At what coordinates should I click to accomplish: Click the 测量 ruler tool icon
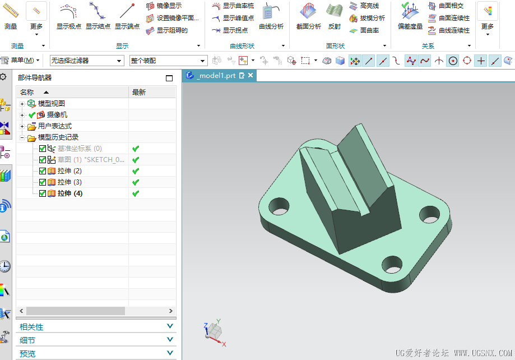point(11,11)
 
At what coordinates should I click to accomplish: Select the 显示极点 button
point(68,16)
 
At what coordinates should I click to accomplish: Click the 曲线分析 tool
point(271,16)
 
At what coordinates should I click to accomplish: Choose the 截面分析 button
point(308,16)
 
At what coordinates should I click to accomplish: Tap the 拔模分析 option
point(367,18)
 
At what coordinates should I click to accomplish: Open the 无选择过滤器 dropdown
point(87,61)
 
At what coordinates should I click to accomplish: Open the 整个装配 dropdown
point(168,61)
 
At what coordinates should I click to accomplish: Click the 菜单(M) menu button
point(20,60)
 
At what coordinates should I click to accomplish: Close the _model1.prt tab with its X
point(250,75)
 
